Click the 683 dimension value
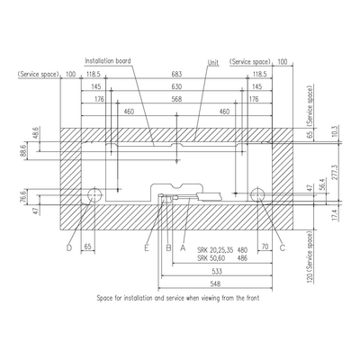tap(176, 74)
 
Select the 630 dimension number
tap(176, 86)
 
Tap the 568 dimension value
tap(176, 99)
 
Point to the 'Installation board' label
tap(108, 61)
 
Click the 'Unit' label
tap(213, 62)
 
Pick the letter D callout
tap(69, 248)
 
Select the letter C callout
tap(282, 248)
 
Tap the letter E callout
tap(147, 248)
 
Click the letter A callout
tap(183, 248)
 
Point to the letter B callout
tap(168, 248)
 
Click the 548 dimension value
tap(215, 283)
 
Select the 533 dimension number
tap(217, 272)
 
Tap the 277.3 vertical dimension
tap(336, 172)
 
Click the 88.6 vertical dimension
tap(24, 151)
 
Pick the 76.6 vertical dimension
tap(24, 196)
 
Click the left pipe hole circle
tap(94, 195)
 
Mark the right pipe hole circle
tap(257, 195)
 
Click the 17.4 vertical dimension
tap(336, 215)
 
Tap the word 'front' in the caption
tap(252, 298)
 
